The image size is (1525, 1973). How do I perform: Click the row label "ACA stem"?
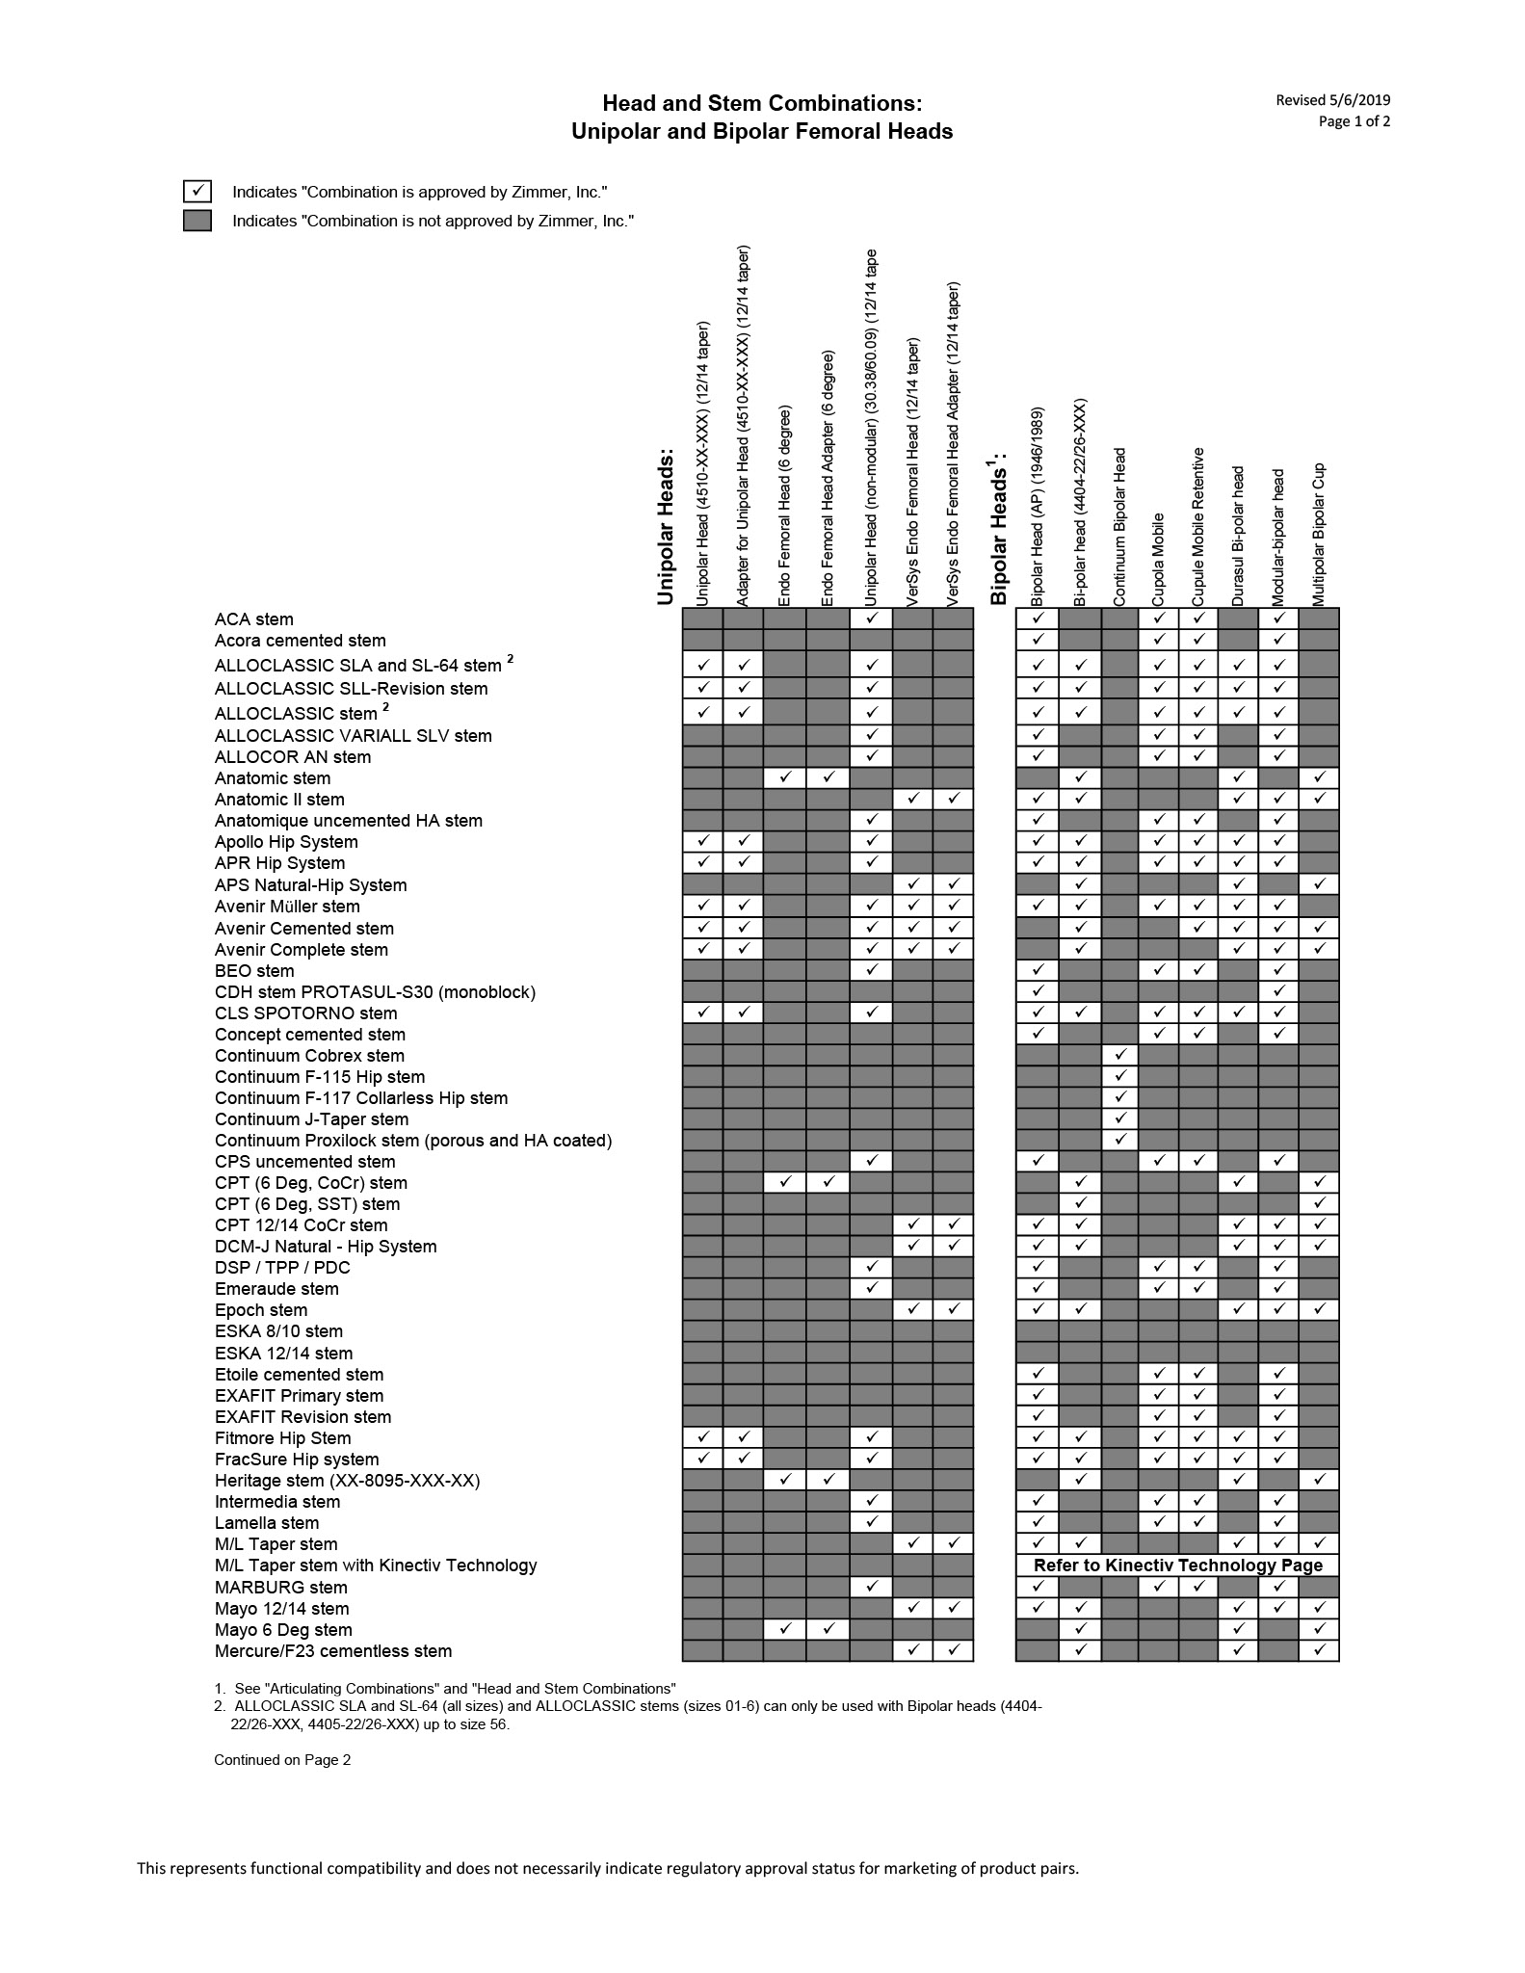tap(254, 619)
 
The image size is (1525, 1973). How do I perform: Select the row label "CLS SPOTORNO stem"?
tap(305, 1013)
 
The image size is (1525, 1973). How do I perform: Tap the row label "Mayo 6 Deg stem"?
tap(283, 1630)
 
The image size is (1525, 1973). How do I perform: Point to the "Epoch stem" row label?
tap(261, 1310)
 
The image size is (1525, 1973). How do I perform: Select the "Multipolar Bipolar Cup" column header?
tap(1319, 535)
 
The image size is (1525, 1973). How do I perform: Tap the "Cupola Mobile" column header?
tap(1159, 559)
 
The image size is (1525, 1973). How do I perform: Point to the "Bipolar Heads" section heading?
tap(998, 530)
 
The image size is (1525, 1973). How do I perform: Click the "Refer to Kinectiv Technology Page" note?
tap(1178, 1565)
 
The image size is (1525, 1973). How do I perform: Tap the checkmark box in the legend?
tap(197, 191)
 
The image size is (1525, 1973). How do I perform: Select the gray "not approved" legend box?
tap(197, 221)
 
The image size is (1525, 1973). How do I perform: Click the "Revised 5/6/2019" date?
tap(1333, 100)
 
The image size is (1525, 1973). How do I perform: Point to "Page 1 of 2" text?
tap(1354, 121)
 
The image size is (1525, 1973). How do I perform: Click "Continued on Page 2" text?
tap(282, 1760)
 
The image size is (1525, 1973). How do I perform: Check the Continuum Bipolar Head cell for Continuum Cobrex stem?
tap(1119, 1056)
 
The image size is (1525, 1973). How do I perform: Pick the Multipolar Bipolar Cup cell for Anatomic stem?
tap(1319, 777)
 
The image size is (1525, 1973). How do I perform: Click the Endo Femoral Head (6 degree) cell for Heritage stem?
tap(785, 1481)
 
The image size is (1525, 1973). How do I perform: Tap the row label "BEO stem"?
tap(254, 971)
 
